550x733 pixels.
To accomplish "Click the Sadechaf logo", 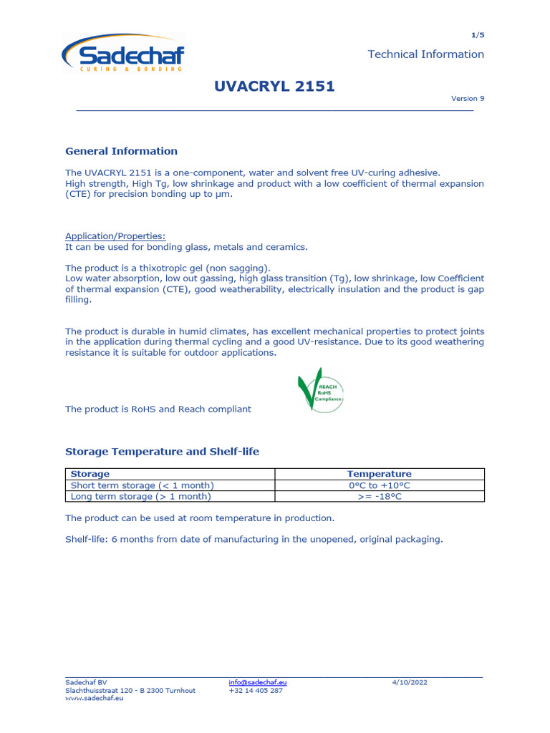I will pos(122,54).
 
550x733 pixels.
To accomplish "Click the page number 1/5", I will pos(478,35).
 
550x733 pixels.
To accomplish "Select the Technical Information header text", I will pos(425,54).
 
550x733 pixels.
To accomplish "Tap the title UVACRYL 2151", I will pos(274,87).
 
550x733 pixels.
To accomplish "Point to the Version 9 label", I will pos(467,99).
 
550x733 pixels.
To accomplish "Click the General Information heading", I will pos(121,151).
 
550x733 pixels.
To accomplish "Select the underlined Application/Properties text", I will pos(115,236).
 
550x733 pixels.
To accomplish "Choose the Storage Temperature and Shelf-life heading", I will pos(162,452).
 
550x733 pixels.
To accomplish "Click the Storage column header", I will pos(90,474).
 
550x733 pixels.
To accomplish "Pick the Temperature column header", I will pos(379,474).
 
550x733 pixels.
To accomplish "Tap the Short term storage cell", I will pos(142,485).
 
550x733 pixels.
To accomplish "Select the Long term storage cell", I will pos(140,496).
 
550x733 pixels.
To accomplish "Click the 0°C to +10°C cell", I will pos(379,485).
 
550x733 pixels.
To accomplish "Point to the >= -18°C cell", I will pos(379,496).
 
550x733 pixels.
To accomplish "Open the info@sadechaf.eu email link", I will pos(258,683).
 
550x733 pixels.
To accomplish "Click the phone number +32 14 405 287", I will pos(256,691).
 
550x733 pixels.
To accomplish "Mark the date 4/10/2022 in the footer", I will pos(410,683).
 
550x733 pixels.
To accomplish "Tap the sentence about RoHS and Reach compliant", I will pos(158,409).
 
